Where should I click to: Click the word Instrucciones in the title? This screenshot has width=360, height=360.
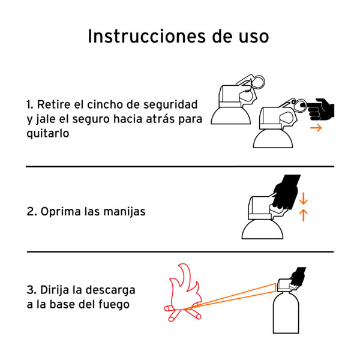147,36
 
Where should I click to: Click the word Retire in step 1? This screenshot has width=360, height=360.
54,104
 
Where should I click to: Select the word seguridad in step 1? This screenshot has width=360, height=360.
170,104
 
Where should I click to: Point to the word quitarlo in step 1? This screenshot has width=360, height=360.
48,133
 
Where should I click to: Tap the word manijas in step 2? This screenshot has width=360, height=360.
124,211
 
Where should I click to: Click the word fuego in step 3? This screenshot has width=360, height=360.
114,305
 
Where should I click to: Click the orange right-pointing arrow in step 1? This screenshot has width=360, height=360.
316,128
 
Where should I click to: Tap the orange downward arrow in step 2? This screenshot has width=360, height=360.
303,199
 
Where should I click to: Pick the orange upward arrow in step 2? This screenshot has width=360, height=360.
303,215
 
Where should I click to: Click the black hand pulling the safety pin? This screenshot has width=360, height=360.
320,110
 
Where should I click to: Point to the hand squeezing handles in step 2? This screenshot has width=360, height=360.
286,193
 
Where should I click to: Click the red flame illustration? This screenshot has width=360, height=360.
184,293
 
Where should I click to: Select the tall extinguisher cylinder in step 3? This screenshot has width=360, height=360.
286,313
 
